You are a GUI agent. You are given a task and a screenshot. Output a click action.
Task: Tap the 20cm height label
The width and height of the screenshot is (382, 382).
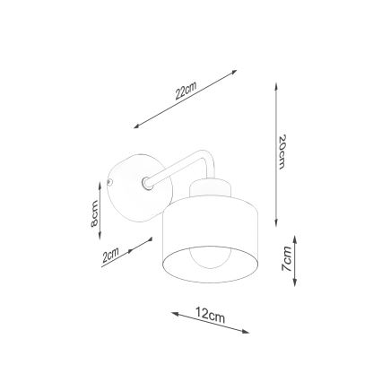point(282,153)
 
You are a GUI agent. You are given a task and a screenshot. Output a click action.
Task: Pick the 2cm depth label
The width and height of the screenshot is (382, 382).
point(110,256)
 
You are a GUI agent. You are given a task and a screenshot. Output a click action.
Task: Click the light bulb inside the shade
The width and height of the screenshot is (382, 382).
point(213,265)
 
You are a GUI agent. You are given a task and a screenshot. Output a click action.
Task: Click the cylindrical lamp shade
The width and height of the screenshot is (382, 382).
point(212,238)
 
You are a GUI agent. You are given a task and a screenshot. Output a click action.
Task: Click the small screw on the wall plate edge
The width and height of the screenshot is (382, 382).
point(109,183)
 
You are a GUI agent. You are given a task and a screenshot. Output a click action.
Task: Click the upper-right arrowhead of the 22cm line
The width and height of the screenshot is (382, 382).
point(235,70)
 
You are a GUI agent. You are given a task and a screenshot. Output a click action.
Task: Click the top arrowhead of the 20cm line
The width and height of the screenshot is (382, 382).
point(276,88)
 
